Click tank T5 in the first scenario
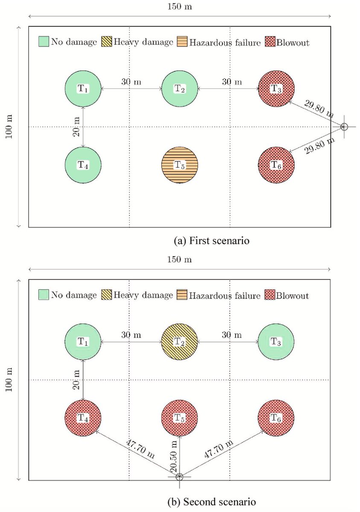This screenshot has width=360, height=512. tap(179, 165)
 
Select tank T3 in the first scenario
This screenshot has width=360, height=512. tap(276, 89)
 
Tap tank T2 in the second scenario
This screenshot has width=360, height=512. tap(179, 342)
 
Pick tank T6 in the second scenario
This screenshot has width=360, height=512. tap(276, 418)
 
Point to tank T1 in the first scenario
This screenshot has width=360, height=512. tap(83, 89)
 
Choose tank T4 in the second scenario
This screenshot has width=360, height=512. tap(83, 418)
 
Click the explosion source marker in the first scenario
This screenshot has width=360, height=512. tap(344, 126)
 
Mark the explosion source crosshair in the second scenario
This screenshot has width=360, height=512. tap(179, 477)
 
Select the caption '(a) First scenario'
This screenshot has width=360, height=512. tap(212, 241)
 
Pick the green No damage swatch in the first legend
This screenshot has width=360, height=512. tap(44, 42)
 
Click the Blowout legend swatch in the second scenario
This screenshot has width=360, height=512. tap(270, 295)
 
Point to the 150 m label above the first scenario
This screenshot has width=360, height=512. tap(180, 7)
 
